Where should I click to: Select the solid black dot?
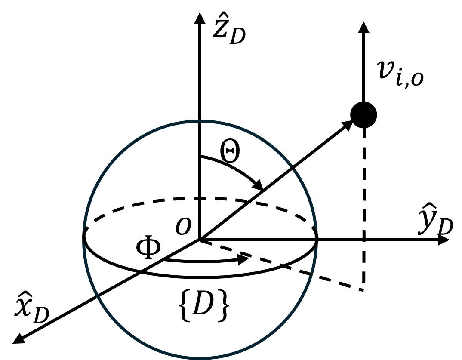[364, 115]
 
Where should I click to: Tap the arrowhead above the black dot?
[364, 27]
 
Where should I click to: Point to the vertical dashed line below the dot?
[364, 206]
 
